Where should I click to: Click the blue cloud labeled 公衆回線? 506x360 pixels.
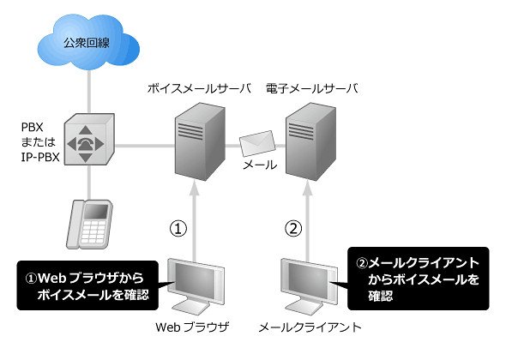(x=88, y=42)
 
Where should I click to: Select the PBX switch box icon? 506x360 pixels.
(x=89, y=140)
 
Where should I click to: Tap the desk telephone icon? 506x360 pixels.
(x=89, y=225)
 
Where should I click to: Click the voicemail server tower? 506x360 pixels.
(x=200, y=141)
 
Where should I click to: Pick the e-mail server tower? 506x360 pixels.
(x=310, y=141)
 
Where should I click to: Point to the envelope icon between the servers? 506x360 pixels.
(x=257, y=143)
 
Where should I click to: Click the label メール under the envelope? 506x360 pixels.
(x=260, y=165)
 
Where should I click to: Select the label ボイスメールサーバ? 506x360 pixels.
(x=199, y=88)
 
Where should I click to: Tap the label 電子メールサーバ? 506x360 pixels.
(x=312, y=88)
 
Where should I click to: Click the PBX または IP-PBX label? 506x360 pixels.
(x=40, y=142)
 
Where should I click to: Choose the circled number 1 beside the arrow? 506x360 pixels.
(x=178, y=228)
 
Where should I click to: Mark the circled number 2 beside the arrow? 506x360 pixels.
(x=293, y=228)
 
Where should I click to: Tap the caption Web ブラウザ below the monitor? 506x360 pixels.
(x=192, y=327)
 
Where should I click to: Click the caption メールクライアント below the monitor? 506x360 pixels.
(x=310, y=327)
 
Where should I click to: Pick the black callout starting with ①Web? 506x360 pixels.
(x=87, y=285)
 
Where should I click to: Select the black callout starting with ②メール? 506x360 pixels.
(x=419, y=279)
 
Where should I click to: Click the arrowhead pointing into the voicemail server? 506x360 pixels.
(x=194, y=189)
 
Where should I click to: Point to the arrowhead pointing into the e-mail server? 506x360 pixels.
(x=308, y=189)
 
